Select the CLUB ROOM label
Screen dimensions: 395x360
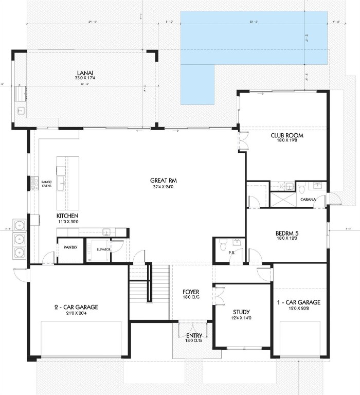pyautogui.click(x=287, y=136)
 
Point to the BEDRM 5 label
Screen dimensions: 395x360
pyautogui.click(x=287, y=233)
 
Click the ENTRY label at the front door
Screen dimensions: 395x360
pyautogui.click(x=194, y=337)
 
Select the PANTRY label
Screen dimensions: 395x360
pyautogui.click(x=70, y=247)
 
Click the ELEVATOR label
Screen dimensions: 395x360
pyautogui.click(x=103, y=249)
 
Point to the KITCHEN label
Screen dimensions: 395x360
pyautogui.click(x=67, y=216)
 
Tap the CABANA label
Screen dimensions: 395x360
pyautogui.click(x=308, y=200)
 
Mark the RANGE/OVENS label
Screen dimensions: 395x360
pyautogui.click(x=46, y=184)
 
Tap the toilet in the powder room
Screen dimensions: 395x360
pyautogui.click(x=223, y=242)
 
